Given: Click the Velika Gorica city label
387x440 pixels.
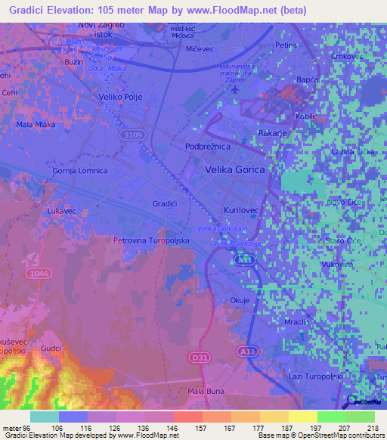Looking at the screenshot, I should pos(235,170).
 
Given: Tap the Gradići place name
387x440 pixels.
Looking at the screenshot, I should pos(166,204).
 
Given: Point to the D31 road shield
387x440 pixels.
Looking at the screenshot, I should pos(199,355).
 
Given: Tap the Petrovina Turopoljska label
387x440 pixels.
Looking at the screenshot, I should pos(150,240).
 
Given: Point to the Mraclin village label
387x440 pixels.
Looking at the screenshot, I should pos(298,322).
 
